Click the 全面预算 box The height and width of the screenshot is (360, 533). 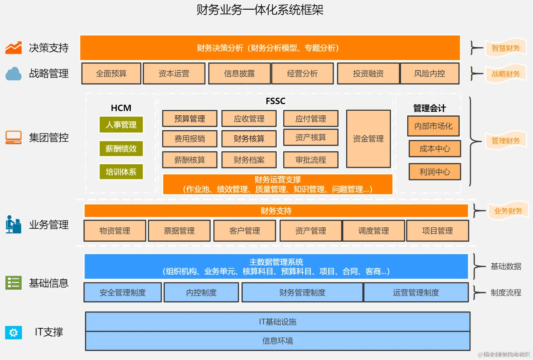pos(111,73)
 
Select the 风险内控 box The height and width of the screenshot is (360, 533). pos(429,73)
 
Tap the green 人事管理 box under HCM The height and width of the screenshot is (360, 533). pos(121,125)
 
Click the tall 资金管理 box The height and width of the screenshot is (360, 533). pos(368,139)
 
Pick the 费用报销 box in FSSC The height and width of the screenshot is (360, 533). pos(190,139)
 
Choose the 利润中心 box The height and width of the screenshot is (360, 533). pos(434,172)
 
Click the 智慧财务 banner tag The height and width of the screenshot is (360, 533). pos(505,48)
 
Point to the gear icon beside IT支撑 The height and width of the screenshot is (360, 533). pos(14,332)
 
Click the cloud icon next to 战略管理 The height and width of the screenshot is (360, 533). pos(14,74)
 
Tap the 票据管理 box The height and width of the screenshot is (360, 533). pos(179,231)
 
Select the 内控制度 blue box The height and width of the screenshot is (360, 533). pos(201,293)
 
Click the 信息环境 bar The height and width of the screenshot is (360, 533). pos(277,341)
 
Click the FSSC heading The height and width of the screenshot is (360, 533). pos(275,101)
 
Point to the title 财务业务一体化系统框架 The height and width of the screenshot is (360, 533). pos(260,10)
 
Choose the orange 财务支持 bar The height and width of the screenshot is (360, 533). pos(276,211)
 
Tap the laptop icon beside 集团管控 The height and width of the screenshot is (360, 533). pos(14,137)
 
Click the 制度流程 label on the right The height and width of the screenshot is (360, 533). pos(506,293)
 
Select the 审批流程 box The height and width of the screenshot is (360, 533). pos(311,160)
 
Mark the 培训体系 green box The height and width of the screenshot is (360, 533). pos(121,172)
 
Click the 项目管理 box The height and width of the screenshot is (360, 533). pos(437,231)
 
